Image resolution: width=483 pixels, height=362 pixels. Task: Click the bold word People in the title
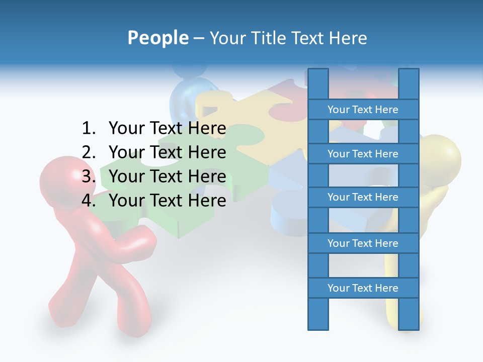coord(158,38)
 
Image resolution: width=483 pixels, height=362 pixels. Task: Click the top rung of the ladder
coord(363,110)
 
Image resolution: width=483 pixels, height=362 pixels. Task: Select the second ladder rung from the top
coord(363,154)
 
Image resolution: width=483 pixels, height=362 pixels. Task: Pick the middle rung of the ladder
coord(363,197)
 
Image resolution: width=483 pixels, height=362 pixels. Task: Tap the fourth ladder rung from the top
coord(363,243)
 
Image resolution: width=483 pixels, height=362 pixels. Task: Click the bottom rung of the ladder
coord(363,288)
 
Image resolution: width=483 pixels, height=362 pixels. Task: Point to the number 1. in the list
coord(88,129)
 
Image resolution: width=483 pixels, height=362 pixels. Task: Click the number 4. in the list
coord(88,201)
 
